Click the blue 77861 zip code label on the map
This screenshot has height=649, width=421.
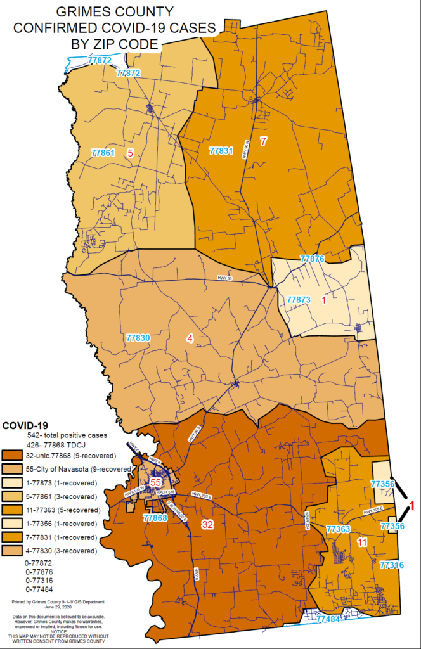[103, 153]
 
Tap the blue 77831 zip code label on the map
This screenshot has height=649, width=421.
[221, 151]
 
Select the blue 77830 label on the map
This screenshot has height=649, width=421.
[138, 338]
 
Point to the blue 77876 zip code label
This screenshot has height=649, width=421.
[312, 259]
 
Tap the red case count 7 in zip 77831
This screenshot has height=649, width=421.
[263, 140]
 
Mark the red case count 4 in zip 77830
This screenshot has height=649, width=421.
[190, 338]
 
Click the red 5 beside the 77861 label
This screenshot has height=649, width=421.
[130, 153]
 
